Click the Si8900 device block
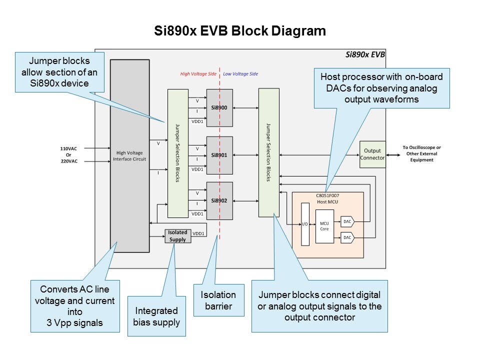[x=219, y=108]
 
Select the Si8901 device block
[x=219, y=155]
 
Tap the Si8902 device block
[x=219, y=201]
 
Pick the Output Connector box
[x=372, y=154]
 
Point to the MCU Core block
[x=324, y=226]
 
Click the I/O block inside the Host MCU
[x=305, y=224]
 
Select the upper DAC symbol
[x=347, y=220]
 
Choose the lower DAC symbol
[x=347, y=237]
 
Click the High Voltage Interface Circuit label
[x=129, y=156]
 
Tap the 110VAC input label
[x=69, y=148]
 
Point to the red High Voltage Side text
[x=198, y=74]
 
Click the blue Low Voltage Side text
[x=240, y=74]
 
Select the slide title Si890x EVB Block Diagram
[x=240, y=31]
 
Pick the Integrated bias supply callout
[x=157, y=316]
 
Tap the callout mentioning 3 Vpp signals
[x=74, y=305]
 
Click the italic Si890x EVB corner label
[x=365, y=54]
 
